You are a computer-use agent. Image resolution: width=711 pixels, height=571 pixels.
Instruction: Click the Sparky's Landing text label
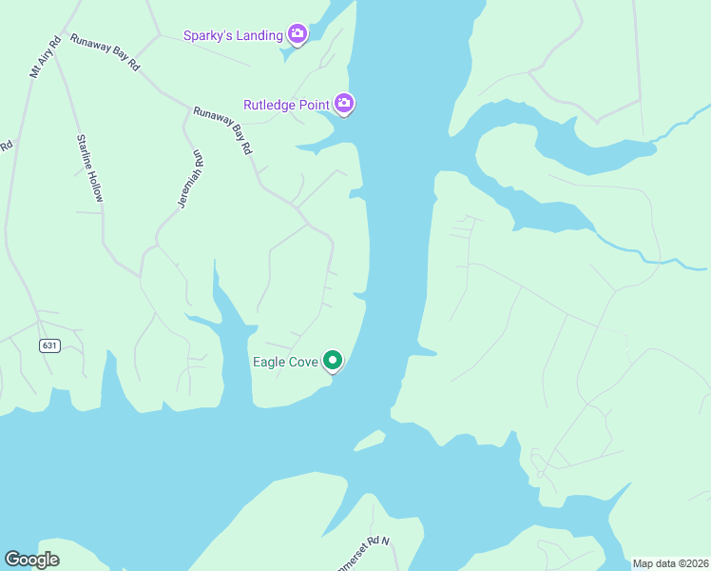point(233,36)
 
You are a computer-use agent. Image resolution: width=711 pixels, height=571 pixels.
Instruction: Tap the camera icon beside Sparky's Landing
point(297,35)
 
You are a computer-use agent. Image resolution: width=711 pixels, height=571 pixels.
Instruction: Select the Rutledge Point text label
point(286,104)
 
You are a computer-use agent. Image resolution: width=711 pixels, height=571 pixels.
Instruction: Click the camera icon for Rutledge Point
point(344,103)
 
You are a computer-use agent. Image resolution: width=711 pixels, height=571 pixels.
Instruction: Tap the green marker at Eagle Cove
point(332,361)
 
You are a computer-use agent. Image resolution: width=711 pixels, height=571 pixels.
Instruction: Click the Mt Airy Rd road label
point(45,57)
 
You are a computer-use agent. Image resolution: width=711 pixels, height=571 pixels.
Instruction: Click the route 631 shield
point(49,345)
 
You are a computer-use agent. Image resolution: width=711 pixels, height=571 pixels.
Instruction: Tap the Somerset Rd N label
point(365,552)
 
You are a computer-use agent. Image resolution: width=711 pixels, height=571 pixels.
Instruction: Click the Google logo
point(31,560)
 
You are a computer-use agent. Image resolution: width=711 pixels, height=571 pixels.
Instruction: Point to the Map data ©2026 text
point(669,563)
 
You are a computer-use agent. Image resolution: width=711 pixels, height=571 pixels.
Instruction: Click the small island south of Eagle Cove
point(370,440)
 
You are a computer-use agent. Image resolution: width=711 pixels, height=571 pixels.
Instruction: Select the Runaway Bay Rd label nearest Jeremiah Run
point(222,131)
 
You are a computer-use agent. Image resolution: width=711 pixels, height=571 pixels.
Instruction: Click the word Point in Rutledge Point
point(313,104)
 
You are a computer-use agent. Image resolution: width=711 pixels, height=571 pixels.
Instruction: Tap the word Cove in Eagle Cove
point(300,362)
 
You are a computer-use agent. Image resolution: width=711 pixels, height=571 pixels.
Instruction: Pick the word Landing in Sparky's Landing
point(259,36)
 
